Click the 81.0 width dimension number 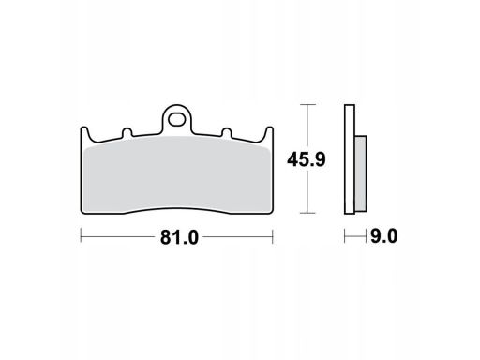click(179, 237)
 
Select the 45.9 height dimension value click(307, 159)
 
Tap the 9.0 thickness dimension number click(383, 236)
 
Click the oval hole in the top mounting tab click(176, 119)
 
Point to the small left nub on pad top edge click(127, 132)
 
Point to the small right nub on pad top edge click(227, 132)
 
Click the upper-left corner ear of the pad click(84, 132)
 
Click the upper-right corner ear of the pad click(269, 132)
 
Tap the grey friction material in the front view click(177, 175)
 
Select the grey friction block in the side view click(361, 173)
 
